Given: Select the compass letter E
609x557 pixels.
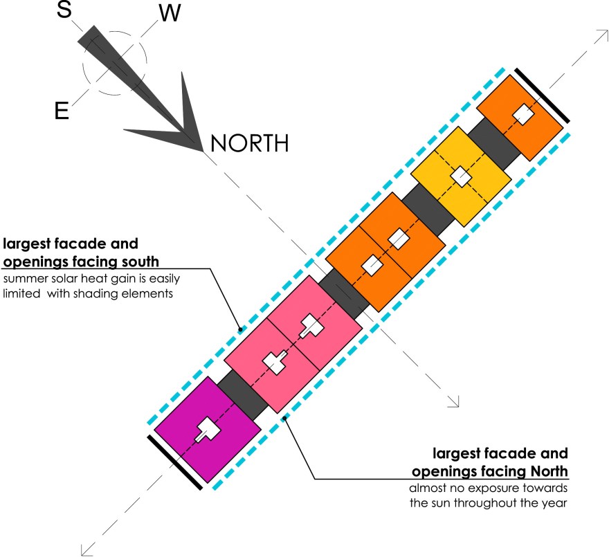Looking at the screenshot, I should pyautogui.click(x=62, y=111).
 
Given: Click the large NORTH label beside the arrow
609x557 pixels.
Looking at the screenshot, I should pyautogui.click(x=249, y=144).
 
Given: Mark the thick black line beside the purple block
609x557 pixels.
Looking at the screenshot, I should pyautogui.click(x=175, y=463).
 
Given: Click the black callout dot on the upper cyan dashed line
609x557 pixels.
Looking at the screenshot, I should pyautogui.click(x=239, y=328).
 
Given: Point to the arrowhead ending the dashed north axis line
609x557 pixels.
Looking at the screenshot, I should pyautogui.click(x=455, y=401).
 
